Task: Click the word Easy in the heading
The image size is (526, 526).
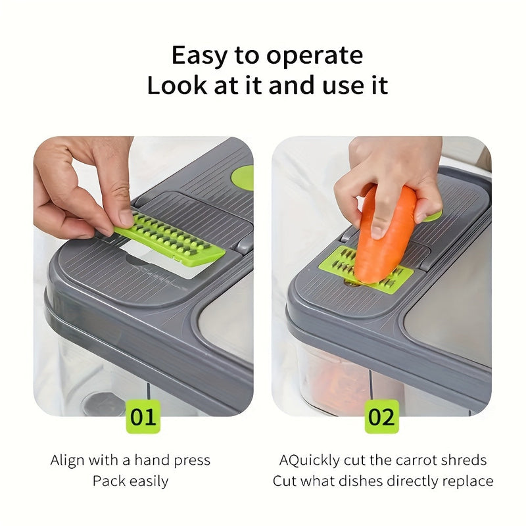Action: (x=200, y=56)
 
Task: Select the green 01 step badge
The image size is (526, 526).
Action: (x=143, y=418)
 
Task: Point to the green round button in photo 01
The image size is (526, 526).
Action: (x=244, y=178)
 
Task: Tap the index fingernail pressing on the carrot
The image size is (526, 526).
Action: (x=378, y=230)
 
